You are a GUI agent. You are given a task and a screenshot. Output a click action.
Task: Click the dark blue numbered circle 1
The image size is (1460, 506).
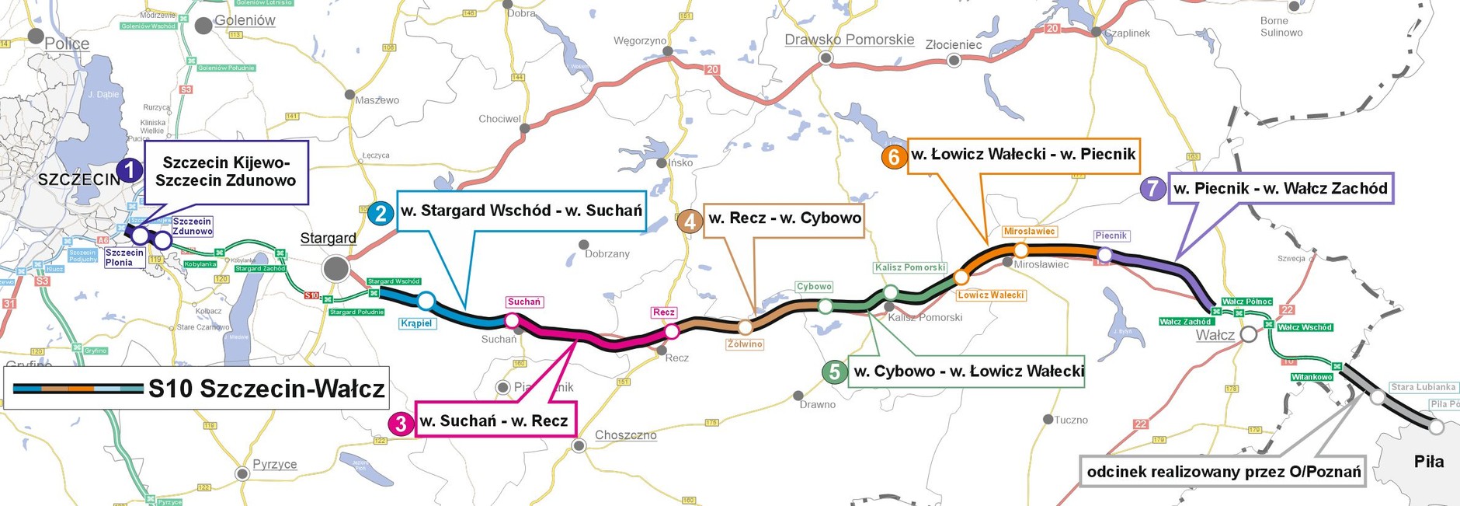point(130,170)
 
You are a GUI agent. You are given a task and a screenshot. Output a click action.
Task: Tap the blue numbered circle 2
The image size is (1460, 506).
point(380,214)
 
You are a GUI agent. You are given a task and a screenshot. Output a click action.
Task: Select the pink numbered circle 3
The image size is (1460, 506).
point(400,424)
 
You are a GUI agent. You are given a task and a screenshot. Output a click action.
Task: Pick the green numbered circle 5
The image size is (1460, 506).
point(834,372)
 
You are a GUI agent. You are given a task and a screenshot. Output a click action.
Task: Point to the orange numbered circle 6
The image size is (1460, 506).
point(893,157)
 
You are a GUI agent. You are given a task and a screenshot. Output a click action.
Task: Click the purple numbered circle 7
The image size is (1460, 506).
point(1152,189)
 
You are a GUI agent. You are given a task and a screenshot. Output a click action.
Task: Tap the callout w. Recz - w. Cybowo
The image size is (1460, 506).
point(784,219)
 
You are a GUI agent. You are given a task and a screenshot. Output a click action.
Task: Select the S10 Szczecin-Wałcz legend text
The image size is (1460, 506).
point(266,389)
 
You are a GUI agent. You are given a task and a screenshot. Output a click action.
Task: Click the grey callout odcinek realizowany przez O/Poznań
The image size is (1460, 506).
point(1223,472)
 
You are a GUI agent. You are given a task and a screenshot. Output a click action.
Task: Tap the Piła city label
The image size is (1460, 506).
point(1428,462)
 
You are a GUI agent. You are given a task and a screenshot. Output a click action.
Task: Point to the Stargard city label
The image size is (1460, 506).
point(328,239)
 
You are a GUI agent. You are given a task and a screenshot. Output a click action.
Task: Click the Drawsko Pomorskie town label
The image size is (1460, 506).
point(849,40)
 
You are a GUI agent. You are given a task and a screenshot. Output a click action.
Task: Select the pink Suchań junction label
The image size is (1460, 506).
point(524,302)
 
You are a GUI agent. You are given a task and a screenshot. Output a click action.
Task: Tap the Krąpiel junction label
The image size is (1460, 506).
point(416,323)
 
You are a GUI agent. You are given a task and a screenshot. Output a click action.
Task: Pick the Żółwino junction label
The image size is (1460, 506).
point(745,344)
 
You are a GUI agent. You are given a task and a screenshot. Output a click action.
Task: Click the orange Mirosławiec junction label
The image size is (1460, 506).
point(1029,232)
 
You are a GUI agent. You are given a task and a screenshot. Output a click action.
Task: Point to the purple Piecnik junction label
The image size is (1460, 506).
point(1111,236)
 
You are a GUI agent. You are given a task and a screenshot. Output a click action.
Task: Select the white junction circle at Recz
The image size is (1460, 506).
point(672,332)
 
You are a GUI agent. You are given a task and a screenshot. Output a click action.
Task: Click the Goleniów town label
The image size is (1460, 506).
point(245,21)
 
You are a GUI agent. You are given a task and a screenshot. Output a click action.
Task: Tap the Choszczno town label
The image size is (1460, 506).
point(625,435)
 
